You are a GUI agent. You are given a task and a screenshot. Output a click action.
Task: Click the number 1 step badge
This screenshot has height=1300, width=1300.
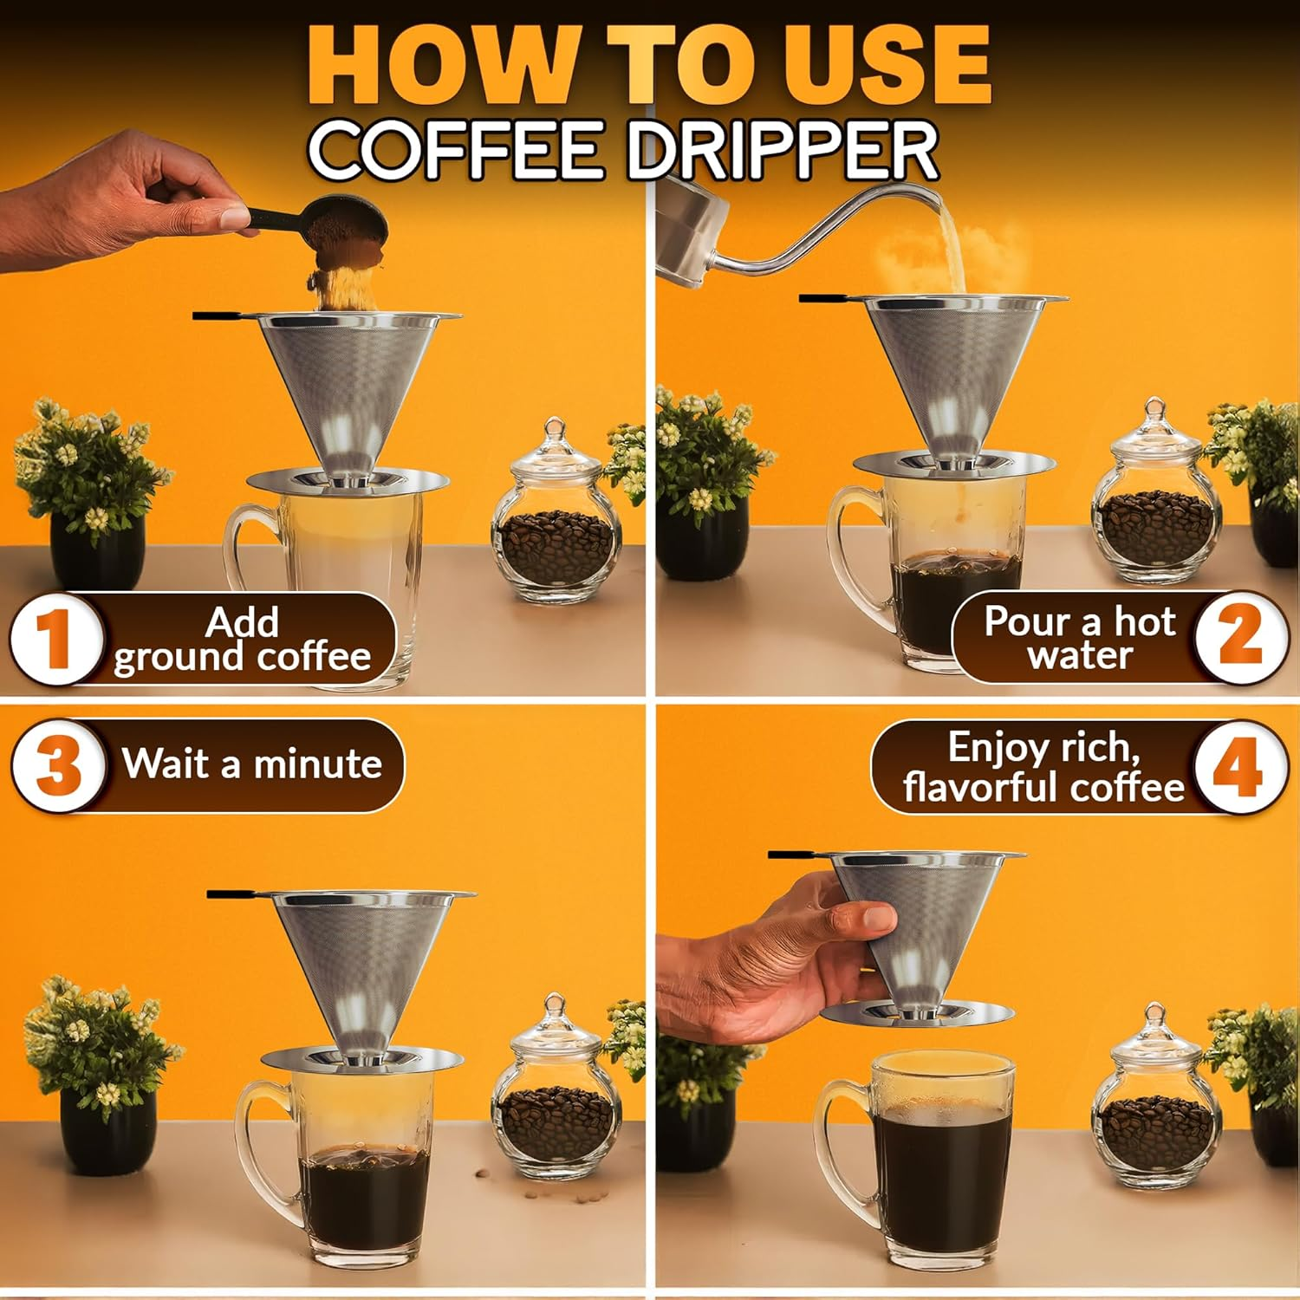click(55, 639)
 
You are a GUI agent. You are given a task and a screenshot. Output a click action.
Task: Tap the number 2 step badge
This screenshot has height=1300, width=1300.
click(1240, 637)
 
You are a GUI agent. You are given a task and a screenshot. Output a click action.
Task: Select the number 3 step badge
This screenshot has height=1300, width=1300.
click(59, 766)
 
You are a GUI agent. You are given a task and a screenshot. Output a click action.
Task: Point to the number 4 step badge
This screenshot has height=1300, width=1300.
click(1238, 768)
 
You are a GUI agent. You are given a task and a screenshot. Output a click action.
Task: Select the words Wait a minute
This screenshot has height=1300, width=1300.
click(251, 764)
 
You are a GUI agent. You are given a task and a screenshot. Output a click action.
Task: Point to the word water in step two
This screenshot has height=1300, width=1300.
click(1080, 655)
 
